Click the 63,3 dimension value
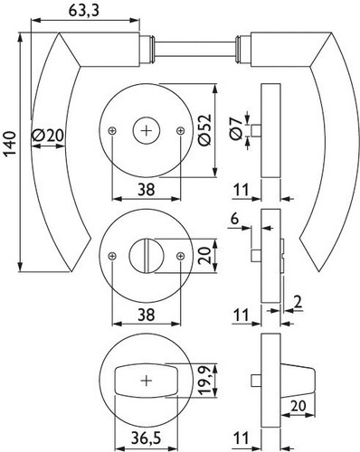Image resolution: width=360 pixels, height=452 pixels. pyautogui.click(x=84, y=11)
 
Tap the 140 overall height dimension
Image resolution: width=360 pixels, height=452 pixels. pyautogui.click(x=10, y=144)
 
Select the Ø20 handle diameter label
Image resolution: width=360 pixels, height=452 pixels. pyautogui.click(x=48, y=135)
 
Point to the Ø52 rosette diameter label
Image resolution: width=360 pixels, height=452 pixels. pyautogui.click(x=205, y=130)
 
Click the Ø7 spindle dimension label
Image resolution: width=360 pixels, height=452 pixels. pyautogui.click(x=236, y=129)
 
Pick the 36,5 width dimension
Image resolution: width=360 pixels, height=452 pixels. pyautogui.click(x=146, y=438)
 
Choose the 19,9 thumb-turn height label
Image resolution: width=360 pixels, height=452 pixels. pyautogui.click(x=205, y=381)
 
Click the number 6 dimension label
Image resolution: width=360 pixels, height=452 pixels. pyautogui.click(x=234, y=219)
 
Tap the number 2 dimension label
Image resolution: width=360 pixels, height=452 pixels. pyautogui.click(x=298, y=303)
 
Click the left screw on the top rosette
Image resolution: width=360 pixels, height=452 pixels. pyautogui.click(x=112, y=130)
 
